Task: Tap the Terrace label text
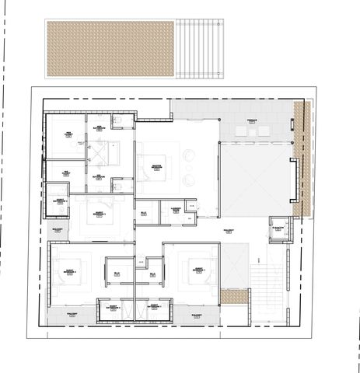[x=252, y=122]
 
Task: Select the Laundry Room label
[x=176, y=210]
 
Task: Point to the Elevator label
[x=278, y=227]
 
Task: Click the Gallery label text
[x=229, y=231]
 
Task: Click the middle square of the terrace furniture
[x=251, y=134]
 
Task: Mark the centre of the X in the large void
[x=256, y=180]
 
